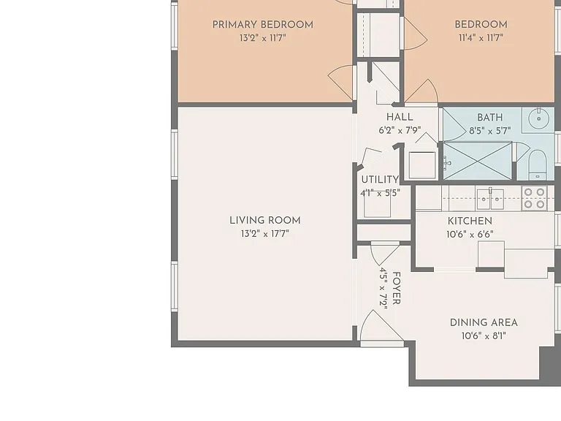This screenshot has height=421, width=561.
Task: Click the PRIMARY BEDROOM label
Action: click(263, 25)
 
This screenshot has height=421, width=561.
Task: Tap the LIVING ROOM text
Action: click(264, 221)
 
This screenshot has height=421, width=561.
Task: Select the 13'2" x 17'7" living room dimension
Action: click(264, 234)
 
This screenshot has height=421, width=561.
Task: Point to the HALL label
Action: click(400, 117)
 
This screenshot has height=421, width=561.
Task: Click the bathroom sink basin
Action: click(538, 118)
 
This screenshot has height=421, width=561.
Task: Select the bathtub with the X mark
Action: click(478, 161)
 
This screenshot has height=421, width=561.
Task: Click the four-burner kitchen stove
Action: click(534, 198)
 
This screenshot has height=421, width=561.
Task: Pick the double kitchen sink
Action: click(490, 199)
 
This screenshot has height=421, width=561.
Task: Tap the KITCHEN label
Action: click(470, 221)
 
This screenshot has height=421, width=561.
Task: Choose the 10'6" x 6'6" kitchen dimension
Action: click(470, 235)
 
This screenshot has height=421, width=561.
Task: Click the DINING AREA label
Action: click(484, 322)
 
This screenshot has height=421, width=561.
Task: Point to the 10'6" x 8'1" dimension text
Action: click(484, 335)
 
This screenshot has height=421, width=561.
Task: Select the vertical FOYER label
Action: click(396, 288)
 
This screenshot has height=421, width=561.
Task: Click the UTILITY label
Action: click(380, 179)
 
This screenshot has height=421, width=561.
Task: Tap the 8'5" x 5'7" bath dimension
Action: click(490, 131)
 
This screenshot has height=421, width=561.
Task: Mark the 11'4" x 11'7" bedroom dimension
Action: click(481, 37)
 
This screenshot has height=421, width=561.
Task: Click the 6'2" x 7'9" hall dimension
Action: click(400, 130)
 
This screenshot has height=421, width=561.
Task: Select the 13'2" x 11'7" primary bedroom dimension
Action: click(263, 37)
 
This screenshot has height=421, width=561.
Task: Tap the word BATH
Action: click(490, 118)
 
